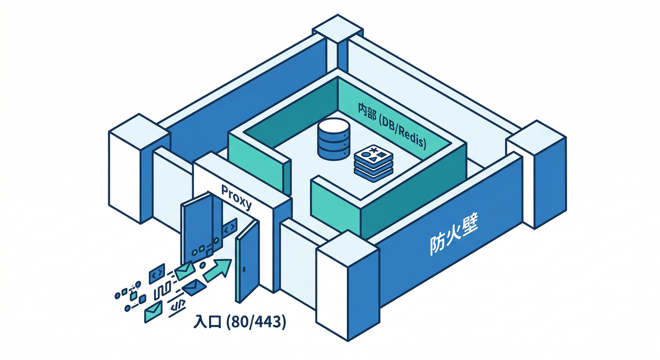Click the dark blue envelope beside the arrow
[192, 287]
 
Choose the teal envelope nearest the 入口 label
[153, 311]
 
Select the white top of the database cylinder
[333, 126]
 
